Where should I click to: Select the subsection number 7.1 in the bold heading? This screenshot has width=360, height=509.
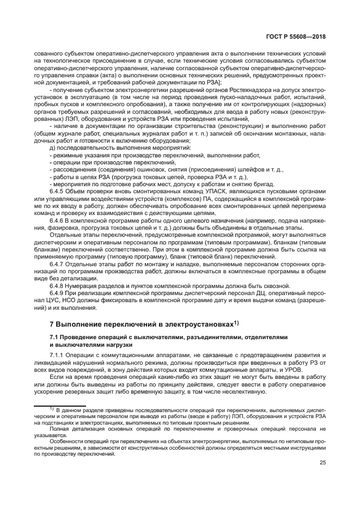pyautogui.click(x=54, y=338)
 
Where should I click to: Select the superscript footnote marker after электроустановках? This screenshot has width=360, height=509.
pyautogui.click(x=236, y=322)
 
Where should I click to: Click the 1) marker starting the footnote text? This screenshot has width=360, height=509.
pyautogui.click(x=51, y=408)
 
